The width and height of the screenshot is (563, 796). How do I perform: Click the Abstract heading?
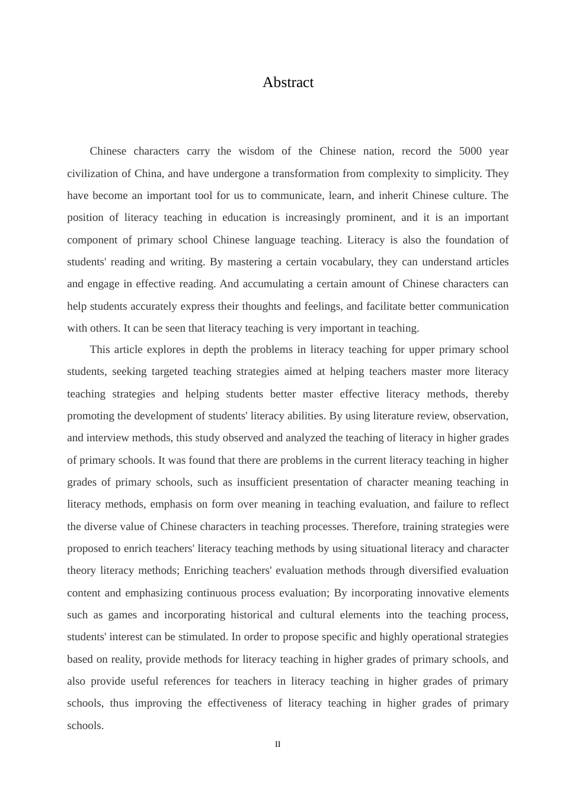[288, 82]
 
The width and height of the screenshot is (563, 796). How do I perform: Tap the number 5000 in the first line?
[471, 151]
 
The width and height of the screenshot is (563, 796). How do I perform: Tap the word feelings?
[323, 306]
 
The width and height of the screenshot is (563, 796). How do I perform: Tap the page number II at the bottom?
[278, 744]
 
